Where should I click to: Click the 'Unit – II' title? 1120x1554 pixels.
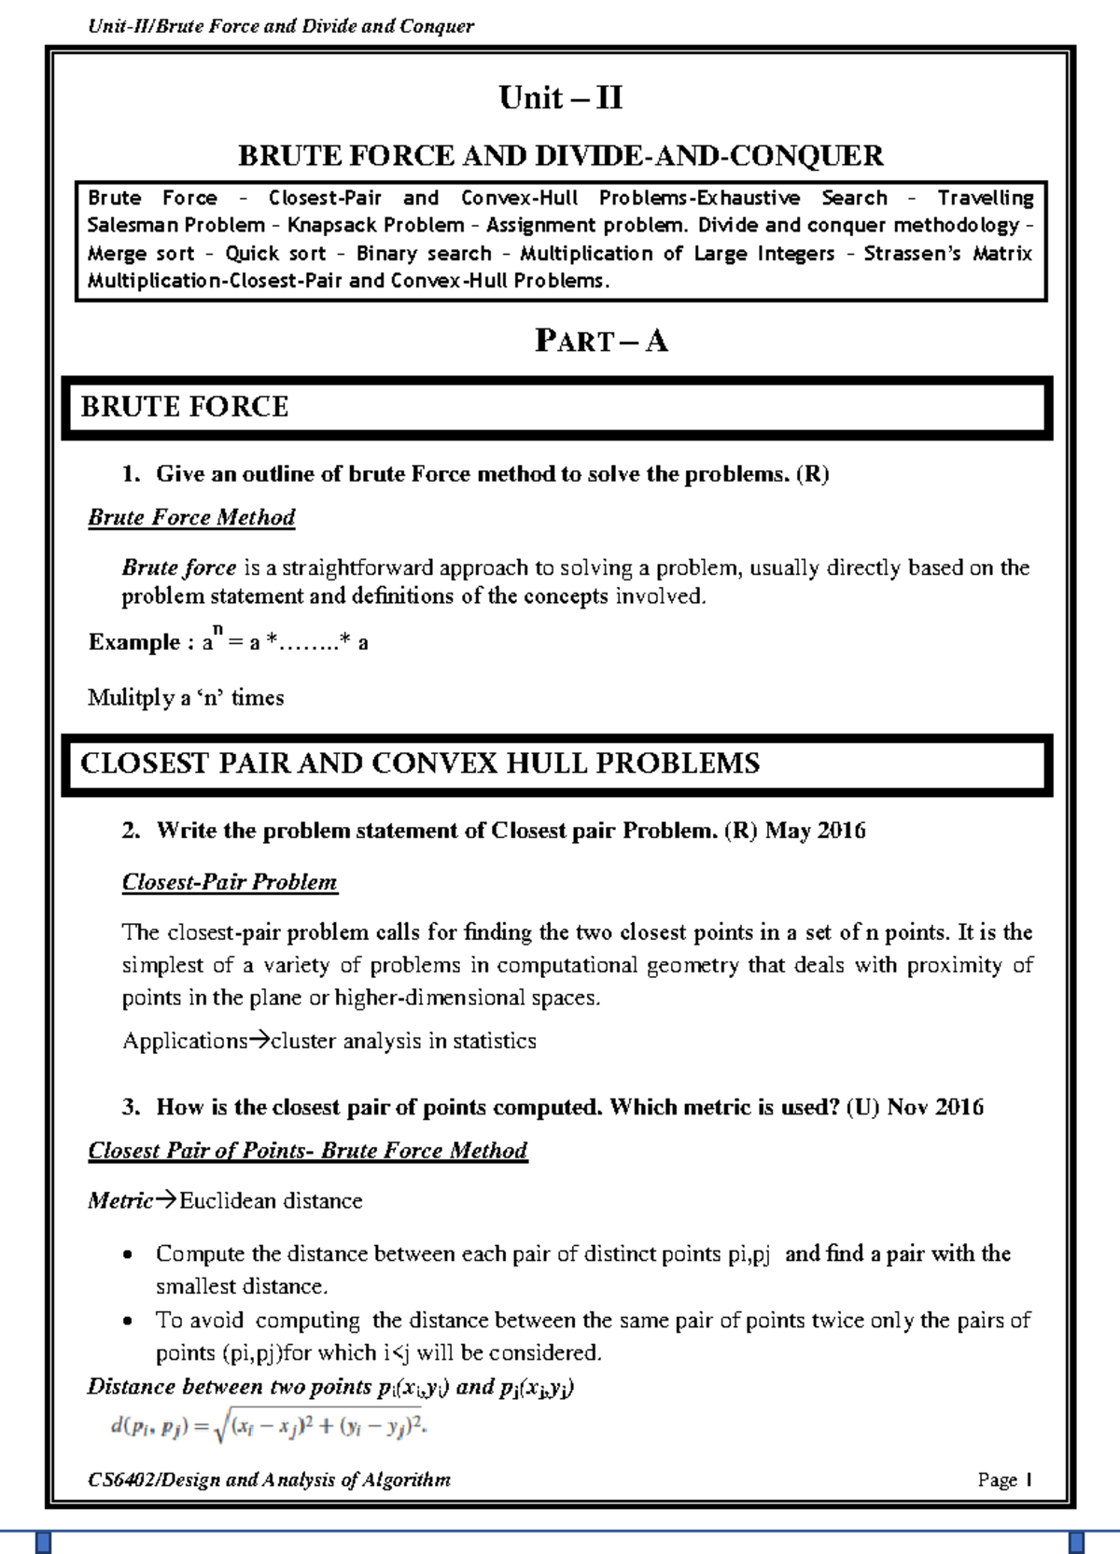pyautogui.click(x=560, y=98)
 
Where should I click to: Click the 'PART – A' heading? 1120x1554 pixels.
pyautogui.click(x=601, y=341)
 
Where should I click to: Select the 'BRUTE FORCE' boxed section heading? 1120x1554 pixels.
pyautogui.click(x=185, y=407)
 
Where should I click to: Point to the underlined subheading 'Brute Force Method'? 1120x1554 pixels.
pyautogui.click(x=191, y=517)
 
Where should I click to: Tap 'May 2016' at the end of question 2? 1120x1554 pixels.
pyautogui.click(x=815, y=831)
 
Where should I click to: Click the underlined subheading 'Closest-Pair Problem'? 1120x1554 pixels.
pyautogui.click(x=230, y=882)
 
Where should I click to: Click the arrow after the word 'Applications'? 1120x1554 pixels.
pyautogui.click(x=259, y=1041)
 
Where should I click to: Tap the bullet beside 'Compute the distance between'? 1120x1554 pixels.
pyautogui.click(x=129, y=1255)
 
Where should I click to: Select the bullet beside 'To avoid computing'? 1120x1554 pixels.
pyautogui.click(x=129, y=1322)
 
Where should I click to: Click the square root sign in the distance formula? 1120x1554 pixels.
pyautogui.click(x=221, y=1428)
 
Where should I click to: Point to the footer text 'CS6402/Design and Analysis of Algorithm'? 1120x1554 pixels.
pyautogui.click(x=269, y=1479)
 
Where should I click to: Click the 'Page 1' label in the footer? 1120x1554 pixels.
pyautogui.click(x=1004, y=1479)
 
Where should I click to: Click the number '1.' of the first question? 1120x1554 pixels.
pyautogui.click(x=131, y=474)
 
